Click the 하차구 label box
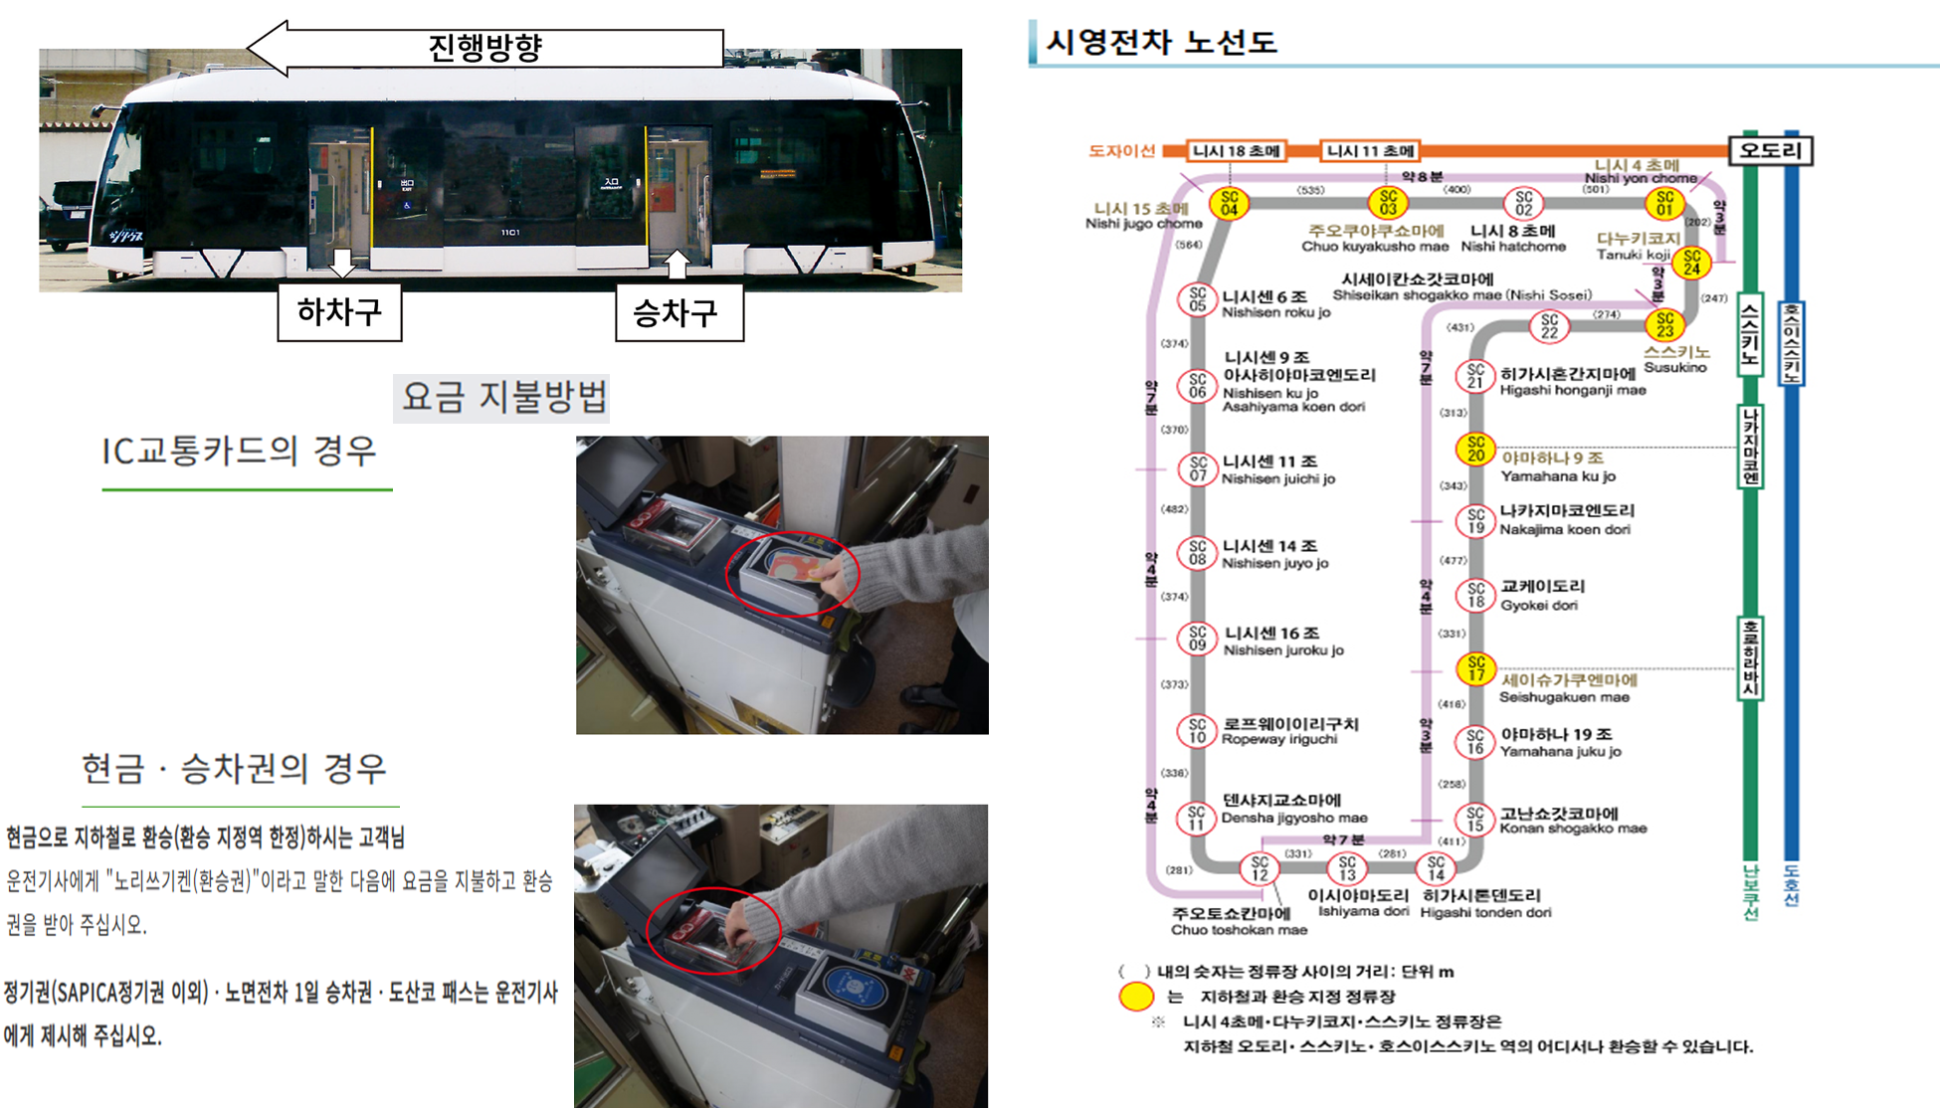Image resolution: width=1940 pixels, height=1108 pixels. (x=339, y=312)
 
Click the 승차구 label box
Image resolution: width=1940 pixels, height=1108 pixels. (x=679, y=313)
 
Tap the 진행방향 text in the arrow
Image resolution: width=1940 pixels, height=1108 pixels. (x=485, y=47)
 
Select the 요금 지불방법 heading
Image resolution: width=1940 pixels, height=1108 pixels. (x=502, y=397)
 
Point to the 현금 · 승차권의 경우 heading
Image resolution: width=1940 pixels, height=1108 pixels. (x=236, y=769)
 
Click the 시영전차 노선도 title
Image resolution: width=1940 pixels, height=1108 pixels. (x=1161, y=42)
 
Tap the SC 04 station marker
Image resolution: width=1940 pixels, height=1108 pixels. (x=1229, y=203)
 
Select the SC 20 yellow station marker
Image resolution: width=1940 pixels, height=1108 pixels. (x=1475, y=450)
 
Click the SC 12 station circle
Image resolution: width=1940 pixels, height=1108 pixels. (x=1260, y=868)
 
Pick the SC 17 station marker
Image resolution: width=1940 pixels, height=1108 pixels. (x=1475, y=668)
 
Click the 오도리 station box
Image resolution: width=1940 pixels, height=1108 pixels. (x=1771, y=150)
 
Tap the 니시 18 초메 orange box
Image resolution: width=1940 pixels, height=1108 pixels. (x=1237, y=151)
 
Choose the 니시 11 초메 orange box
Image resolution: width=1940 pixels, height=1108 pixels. (x=1370, y=151)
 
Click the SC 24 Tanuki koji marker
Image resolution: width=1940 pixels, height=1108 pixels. (x=1691, y=263)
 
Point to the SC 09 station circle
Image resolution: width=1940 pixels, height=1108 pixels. (x=1197, y=639)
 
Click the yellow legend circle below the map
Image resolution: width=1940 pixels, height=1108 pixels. (x=1136, y=996)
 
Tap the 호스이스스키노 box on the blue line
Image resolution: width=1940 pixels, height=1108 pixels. (x=1792, y=343)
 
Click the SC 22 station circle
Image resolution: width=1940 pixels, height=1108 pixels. (x=1549, y=325)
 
